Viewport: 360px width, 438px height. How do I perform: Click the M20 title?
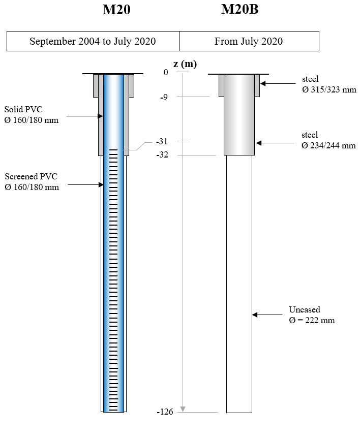pos(116,10)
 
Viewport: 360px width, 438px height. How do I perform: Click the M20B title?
pos(239,10)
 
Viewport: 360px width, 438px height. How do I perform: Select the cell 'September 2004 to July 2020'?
pos(93,41)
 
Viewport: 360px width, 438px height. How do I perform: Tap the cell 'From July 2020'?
pos(249,41)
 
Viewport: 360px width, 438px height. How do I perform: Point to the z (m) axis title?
pos(185,64)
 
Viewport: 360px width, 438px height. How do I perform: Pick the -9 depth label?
pos(164,97)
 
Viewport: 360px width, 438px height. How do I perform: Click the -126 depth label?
pos(165,412)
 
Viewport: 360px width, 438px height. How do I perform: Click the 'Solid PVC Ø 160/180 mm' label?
pos(31,115)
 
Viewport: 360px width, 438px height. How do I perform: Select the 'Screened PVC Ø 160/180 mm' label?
pos(32,182)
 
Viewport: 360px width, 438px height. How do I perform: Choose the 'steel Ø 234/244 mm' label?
pos(328,140)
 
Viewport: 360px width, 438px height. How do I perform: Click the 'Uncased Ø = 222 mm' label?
pos(312,315)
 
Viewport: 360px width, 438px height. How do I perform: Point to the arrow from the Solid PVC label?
pos(84,116)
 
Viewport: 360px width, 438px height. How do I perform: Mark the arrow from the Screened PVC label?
pos(85,185)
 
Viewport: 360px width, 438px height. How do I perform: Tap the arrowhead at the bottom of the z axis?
pos(183,409)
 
